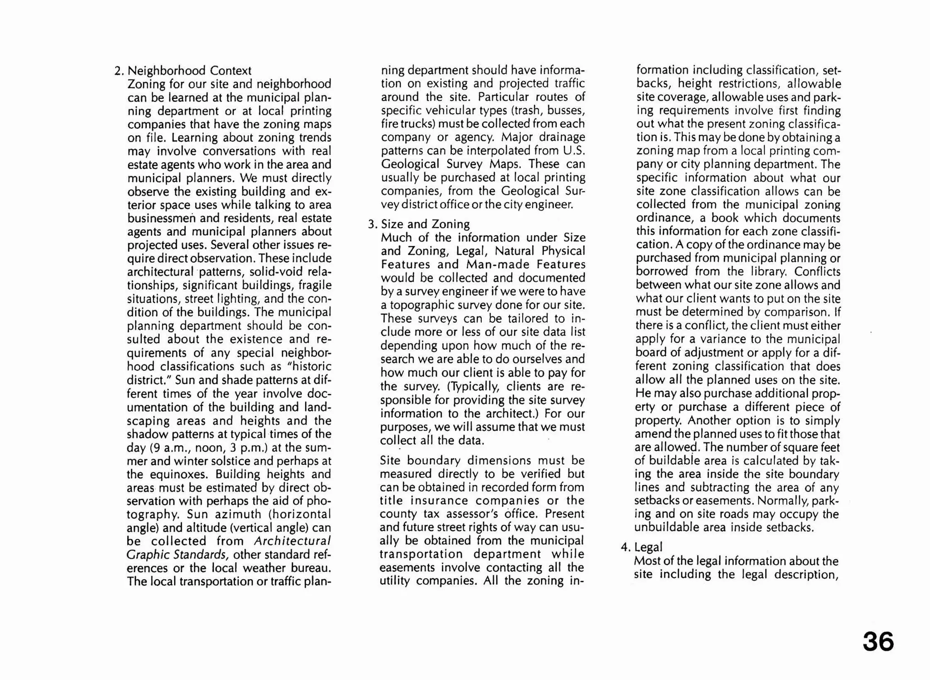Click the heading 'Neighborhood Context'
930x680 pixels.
coord(189,71)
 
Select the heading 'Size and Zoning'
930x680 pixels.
coord(425,224)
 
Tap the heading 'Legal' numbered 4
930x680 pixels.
coord(648,547)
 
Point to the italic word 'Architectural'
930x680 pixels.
coord(292,541)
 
